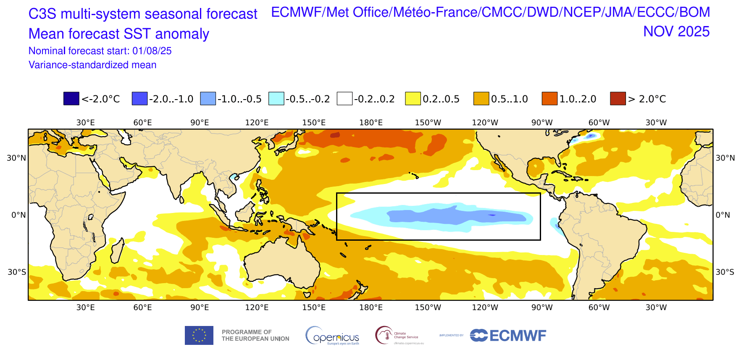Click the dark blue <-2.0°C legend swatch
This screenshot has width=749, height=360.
coord(71,98)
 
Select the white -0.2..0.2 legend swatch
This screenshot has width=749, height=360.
coord(344,98)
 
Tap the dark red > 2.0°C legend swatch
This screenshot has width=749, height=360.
coord(618,98)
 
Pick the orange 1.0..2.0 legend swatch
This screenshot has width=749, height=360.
coord(549,98)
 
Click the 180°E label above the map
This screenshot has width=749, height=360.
coord(371,123)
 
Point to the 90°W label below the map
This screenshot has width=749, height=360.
coord(542,307)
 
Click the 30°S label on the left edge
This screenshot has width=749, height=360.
coord(17,272)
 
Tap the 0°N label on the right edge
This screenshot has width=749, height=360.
coord(723,215)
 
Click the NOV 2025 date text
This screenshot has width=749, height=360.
coord(676,32)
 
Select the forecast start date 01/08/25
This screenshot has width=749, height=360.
coord(152,51)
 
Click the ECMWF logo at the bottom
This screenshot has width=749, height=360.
coord(508,336)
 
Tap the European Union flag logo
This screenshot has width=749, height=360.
coord(199,336)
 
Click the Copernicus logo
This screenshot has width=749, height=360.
coord(332,336)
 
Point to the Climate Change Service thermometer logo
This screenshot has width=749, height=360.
coord(384,335)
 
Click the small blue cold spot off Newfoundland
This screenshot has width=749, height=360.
coord(591,136)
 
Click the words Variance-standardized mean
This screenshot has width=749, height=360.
coord(92,65)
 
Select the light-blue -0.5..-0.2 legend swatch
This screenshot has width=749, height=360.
coord(276,98)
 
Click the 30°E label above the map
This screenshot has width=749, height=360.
coord(85,123)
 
